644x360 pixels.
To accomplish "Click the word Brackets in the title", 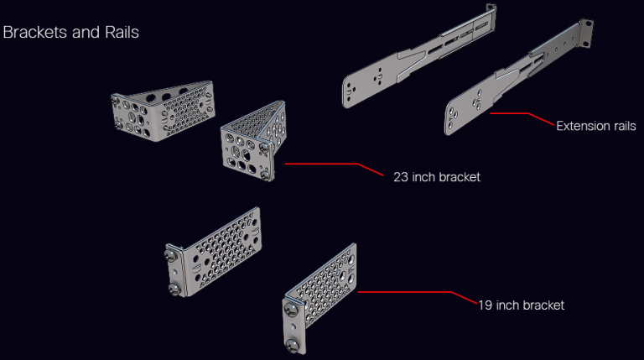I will pyautogui.click(x=32, y=33).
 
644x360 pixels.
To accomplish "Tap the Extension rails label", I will pyautogui.click(x=595, y=126).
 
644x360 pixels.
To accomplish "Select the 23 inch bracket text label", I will pyautogui.click(x=436, y=177).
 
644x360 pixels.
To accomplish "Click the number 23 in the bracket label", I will pyautogui.click(x=401, y=177).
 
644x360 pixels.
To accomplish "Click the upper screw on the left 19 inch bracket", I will pyautogui.click(x=173, y=250).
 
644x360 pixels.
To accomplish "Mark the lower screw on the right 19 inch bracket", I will pyautogui.click(x=295, y=344).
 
